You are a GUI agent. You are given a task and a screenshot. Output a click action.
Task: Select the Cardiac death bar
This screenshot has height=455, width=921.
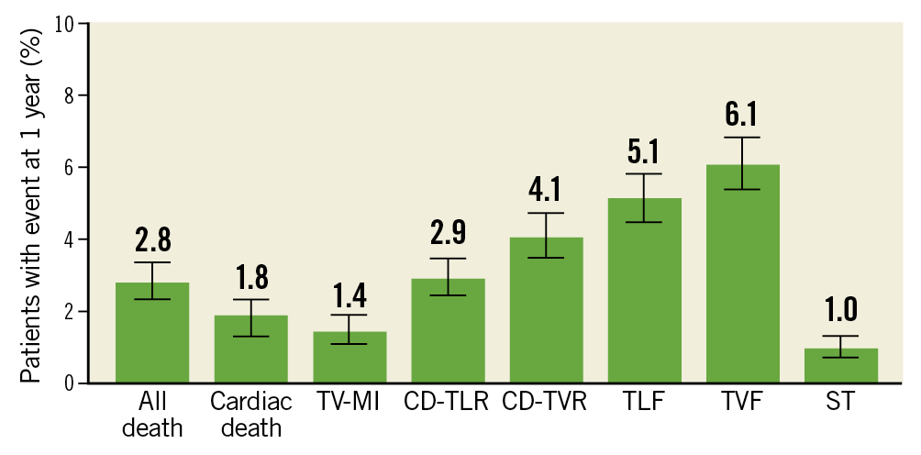point(250,358)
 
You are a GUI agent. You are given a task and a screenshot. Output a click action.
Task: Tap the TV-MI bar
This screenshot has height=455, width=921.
point(350,362)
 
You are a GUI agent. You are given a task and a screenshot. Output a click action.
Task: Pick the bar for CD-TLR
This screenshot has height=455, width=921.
point(448,339)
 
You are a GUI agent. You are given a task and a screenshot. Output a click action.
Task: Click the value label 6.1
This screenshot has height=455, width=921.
point(742,116)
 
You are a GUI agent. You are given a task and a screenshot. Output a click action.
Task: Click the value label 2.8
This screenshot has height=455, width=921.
point(152,241)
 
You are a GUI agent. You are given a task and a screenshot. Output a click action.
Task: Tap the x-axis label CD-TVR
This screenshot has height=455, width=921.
point(546,403)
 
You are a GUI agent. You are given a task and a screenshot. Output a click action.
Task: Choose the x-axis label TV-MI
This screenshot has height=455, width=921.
point(350,403)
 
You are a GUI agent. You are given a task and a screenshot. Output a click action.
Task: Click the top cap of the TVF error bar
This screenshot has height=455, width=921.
point(742,138)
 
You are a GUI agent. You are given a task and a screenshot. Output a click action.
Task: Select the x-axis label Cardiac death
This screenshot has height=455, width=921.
point(250,415)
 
